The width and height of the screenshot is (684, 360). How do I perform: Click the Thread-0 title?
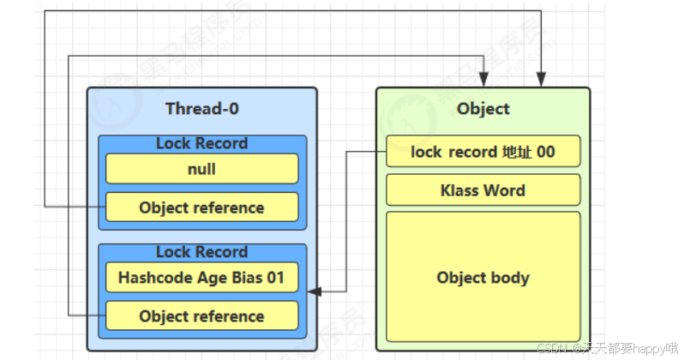pyautogui.click(x=202, y=109)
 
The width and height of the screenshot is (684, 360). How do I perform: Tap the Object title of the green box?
pyautogui.click(x=483, y=109)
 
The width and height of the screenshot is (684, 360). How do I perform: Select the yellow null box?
pyautogui.click(x=201, y=169)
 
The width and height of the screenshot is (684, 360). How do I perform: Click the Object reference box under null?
pyautogui.click(x=201, y=207)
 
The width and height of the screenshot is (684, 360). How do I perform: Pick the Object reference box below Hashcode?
pyautogui.click(x=201, y=316)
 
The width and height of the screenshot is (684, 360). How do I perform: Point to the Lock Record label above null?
pyautogui.click(x=201, y=143)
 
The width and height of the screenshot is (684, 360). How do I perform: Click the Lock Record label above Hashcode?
pyautogui.click(x=201, y=252)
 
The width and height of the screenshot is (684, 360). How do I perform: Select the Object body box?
pyautogui.click(x=483, y=278)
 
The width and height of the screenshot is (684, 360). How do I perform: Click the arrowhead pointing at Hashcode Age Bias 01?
pyautogui.click(x=315, y=292)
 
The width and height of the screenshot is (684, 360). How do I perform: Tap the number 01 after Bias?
pyautogui.click(x=275, y=278)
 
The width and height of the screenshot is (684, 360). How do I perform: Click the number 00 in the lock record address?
pyautogui.click(x=545, y=152)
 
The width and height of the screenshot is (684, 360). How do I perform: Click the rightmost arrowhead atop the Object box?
pyautogui.click(x=541, y=81)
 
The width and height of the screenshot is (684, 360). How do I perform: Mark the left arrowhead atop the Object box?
pyautogui.click(x=486, y=81)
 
